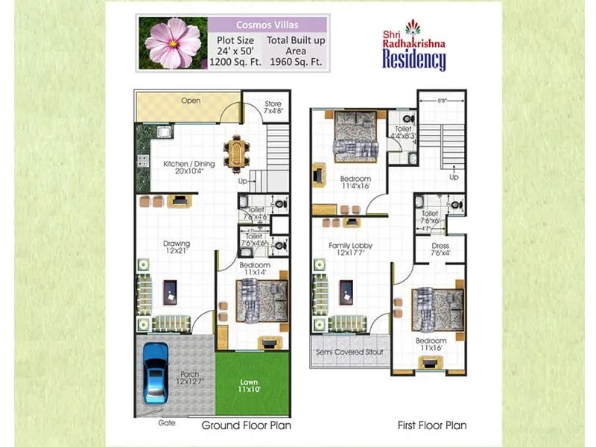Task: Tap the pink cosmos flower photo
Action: point(173,43)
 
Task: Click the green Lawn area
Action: point(252,384)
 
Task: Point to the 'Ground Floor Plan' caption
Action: point(246,425)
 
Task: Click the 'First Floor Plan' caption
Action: point(432,425)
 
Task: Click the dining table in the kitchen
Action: point(237,153)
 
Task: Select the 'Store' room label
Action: point(273,103)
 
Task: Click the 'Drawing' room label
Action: point(177,244)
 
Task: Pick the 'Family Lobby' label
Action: point(350,245)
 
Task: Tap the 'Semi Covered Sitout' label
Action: point(349,350)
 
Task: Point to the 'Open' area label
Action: point(191,101)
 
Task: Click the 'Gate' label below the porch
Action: point(166,422)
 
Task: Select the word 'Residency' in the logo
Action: point(413,60)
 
